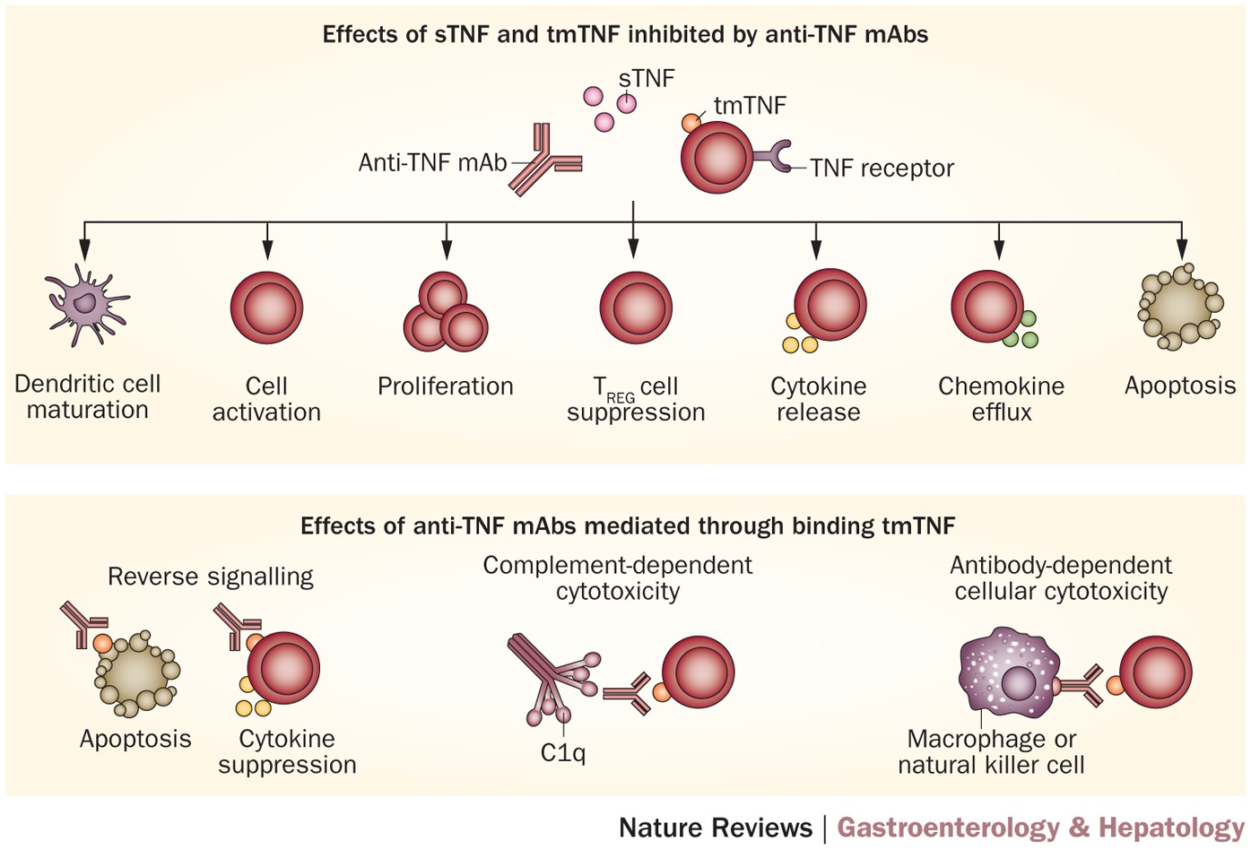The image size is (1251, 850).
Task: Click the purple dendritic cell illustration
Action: (86, 305)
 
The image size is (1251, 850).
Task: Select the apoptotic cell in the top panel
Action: (1180, 305)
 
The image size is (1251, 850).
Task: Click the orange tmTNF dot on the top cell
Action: (691, 123)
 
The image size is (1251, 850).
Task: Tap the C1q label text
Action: (563, 752)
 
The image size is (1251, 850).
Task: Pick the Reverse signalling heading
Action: (211, 577)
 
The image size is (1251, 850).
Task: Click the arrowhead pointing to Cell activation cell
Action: (267, 252)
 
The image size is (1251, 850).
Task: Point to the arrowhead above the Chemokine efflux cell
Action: (999, 252)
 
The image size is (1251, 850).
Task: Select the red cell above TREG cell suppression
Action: (635, 308)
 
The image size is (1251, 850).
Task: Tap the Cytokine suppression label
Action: (287, 751)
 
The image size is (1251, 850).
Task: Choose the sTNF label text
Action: (647, 79)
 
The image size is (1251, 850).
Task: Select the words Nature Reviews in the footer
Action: (716, 828)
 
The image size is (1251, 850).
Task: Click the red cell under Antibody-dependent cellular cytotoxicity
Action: (1156, 672)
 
